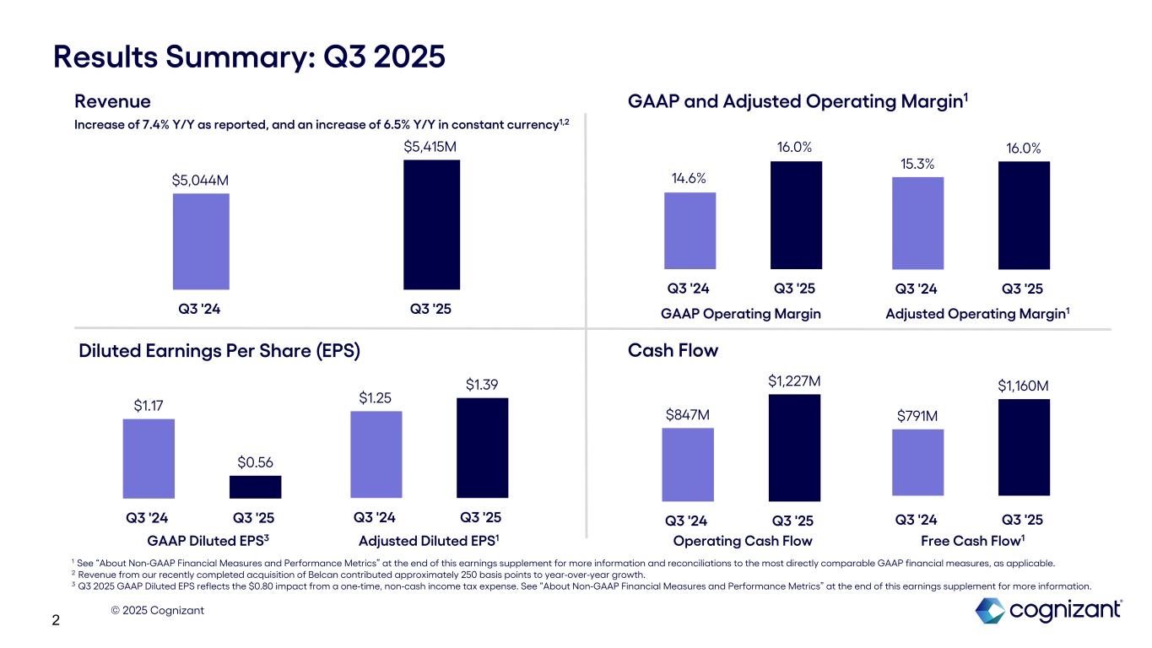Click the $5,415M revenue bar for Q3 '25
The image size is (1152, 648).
click(431, 224)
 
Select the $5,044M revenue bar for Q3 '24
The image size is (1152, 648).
click(201, 241)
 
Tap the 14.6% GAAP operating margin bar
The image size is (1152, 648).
click(690, 230)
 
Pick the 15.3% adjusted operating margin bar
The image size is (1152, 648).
click(917, 223)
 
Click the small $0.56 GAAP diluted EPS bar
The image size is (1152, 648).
click(255, 487)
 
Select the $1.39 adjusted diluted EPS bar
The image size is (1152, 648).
click(482, 447)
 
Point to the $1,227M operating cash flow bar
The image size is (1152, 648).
click(794, 447)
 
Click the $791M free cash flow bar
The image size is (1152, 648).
click(917, 462)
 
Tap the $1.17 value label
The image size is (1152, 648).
click(149, 406)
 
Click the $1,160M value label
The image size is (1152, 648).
click(1023, 386)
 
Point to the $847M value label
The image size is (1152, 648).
click(687, 414)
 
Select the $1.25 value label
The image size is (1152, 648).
click(376, 397)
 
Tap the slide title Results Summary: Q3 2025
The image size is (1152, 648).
click(249, 57)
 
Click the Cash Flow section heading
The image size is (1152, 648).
click(673, 350)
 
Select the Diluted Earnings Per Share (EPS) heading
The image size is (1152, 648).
click(219, 350)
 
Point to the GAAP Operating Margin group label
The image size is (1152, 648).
click(740, 314)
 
